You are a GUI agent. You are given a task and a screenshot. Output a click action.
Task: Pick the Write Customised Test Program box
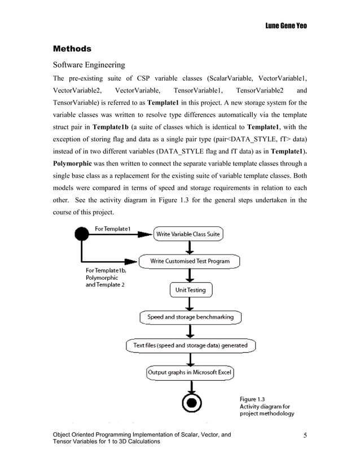pyautogui.click(x=191, y=261)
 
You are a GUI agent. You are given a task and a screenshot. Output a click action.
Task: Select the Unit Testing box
pyautogui.click(x=191, y=290)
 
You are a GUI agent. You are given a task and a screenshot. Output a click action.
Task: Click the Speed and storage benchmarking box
pyautogui.click(x=190, y=317)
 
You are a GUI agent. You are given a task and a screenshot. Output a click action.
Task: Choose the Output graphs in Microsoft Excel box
pyautogui.click(x=190, y=372)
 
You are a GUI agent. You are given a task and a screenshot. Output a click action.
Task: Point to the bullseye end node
pyautogui.click(x=190, y=403)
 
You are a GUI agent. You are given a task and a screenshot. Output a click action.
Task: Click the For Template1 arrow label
pyautogui.click(x=113, y=228)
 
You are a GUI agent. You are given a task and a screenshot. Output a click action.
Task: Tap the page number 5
pyautogui.click(x=305, y=435)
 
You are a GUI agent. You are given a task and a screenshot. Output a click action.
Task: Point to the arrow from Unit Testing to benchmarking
pyautogui.click(x=191, y=304)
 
